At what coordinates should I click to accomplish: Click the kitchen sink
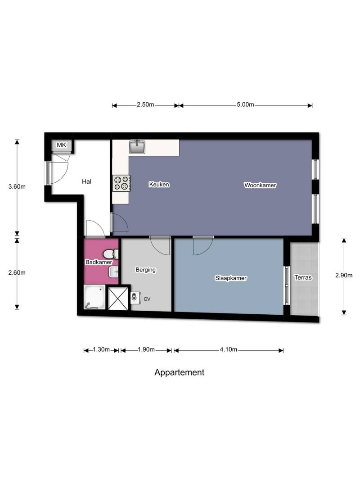tap(137, 147)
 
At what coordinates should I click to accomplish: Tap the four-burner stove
tap(121, 183)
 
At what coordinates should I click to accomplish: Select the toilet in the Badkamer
tap(110, 254)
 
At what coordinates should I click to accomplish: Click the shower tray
tap(94, 297)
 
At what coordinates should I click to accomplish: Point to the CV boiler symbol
tap(135, 298)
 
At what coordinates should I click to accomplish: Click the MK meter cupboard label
tap(62, 145)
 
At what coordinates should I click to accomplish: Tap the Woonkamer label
tap(260, 185)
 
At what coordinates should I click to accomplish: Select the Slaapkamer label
tap(230, 278)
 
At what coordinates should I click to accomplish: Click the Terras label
tap(303, 277)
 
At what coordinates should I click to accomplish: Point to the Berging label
tap(146, 270)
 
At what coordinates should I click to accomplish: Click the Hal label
tap(86, 181)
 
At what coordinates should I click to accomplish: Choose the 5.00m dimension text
tap(245, 104)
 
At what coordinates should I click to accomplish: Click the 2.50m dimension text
tap(145, 104)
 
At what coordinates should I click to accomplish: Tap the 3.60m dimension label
tap(17, 186)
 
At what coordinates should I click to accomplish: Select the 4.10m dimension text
tap(229, 349)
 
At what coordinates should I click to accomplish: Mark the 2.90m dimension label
tap(344, 275)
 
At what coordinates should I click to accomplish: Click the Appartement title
tap(179, 372)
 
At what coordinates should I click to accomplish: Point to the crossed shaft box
tap(118, 298)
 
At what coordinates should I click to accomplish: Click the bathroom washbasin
tap(114, 272)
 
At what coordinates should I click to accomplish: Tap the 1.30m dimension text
tap(101, 349)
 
